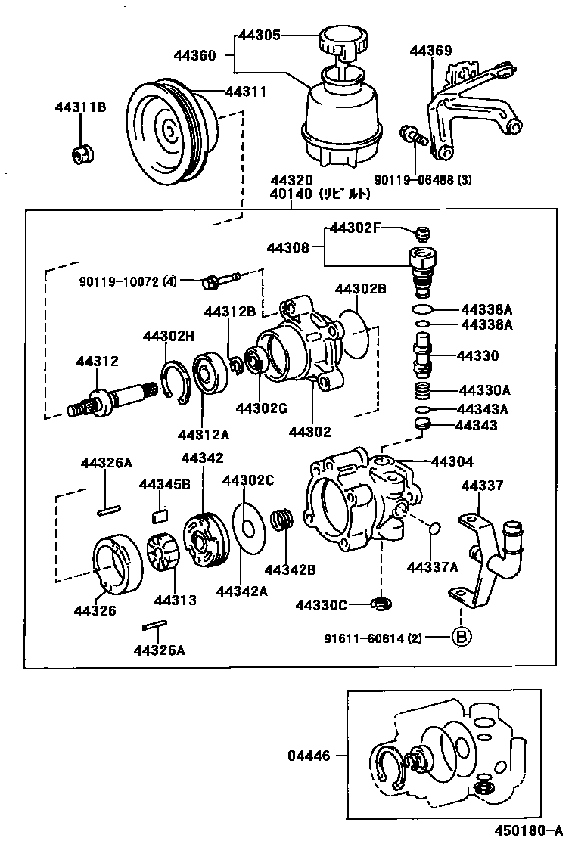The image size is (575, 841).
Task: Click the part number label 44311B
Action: [80, 107]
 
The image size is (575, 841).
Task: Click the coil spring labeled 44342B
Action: [282, 520]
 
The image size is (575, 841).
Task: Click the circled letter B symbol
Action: [461, 637]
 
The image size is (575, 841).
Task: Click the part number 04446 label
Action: [309, 755]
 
